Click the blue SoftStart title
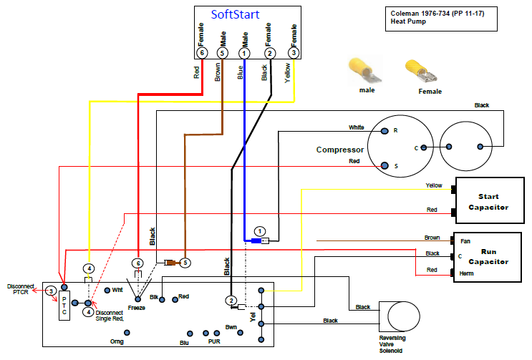pyautogui.click(x=235, y=14)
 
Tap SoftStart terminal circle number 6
pyautogui.click(x=202, y=53)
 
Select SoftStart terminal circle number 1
pyautogui.click(x=244, y=53)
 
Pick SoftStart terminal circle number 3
pyautogui.click(x=294, y=53)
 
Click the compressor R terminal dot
pyautogui.click(x=385, y=131)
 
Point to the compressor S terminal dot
pyautogui.click(x=385, y=165)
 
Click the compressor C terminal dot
pyautogui.click(x=424, y=147)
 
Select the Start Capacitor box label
pyautogui.click(x=488, y=202)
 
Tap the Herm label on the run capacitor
pyautogui.click(x=466, y=273)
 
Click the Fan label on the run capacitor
pyautogui.click(x=465, y=241)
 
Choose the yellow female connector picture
pyautogui.click(x=422, y=71)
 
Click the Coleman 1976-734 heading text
pyautogui.click(x=437, y=14)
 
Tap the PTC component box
pyautogui.click(x=64, y=306)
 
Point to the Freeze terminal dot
pyautogui.click(x=137, y=299)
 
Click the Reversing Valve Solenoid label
pyautogui.click(x=392, y=344)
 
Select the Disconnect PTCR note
pyautogui.click(x=21, y=289)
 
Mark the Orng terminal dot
pyautogui.click(x=127, y=333)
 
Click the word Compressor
pyautogui.click(x=340, y=150)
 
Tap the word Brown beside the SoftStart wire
pyautogui.click(x=218, y=72)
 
